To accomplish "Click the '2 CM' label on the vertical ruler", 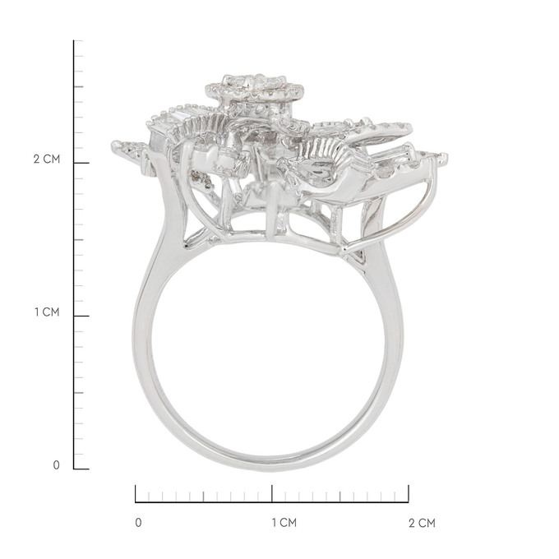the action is [x=47, y=159].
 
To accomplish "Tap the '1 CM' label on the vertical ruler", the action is [x=47, y=312].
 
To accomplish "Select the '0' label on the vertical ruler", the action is [x=57, y=465].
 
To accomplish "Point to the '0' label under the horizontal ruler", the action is [x=138, y=523].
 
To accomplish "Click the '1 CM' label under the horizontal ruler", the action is [x=284, y=523].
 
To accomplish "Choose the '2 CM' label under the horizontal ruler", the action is [x=422, y=523].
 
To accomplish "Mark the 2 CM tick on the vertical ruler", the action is [x=81, y=163].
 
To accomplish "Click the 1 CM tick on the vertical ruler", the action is [x=81, y=316].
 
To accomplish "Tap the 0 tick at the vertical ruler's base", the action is [x=81, y=469].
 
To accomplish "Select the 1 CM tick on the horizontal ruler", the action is [x=272, y=494].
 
